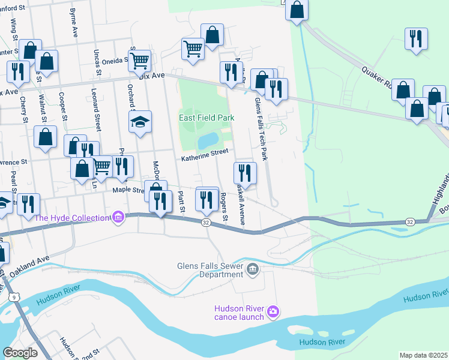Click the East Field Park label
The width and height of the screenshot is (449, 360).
[x=206, y=118]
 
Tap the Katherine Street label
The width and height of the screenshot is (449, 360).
[x=205, y=155]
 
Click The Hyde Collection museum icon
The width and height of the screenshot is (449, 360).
[x=118, y=217]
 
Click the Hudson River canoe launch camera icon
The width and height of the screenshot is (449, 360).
[x=273, y=310]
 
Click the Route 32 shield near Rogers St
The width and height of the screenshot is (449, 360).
[x=206, y=223]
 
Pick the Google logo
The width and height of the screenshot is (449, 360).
[x=20, y=352]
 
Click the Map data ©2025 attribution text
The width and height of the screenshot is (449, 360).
[x=423, y=355]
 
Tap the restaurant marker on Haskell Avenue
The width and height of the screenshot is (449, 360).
[x=245, y=173]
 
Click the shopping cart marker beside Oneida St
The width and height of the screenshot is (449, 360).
[x=139, y=60]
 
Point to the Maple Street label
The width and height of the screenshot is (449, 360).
[x=128, y=191]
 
